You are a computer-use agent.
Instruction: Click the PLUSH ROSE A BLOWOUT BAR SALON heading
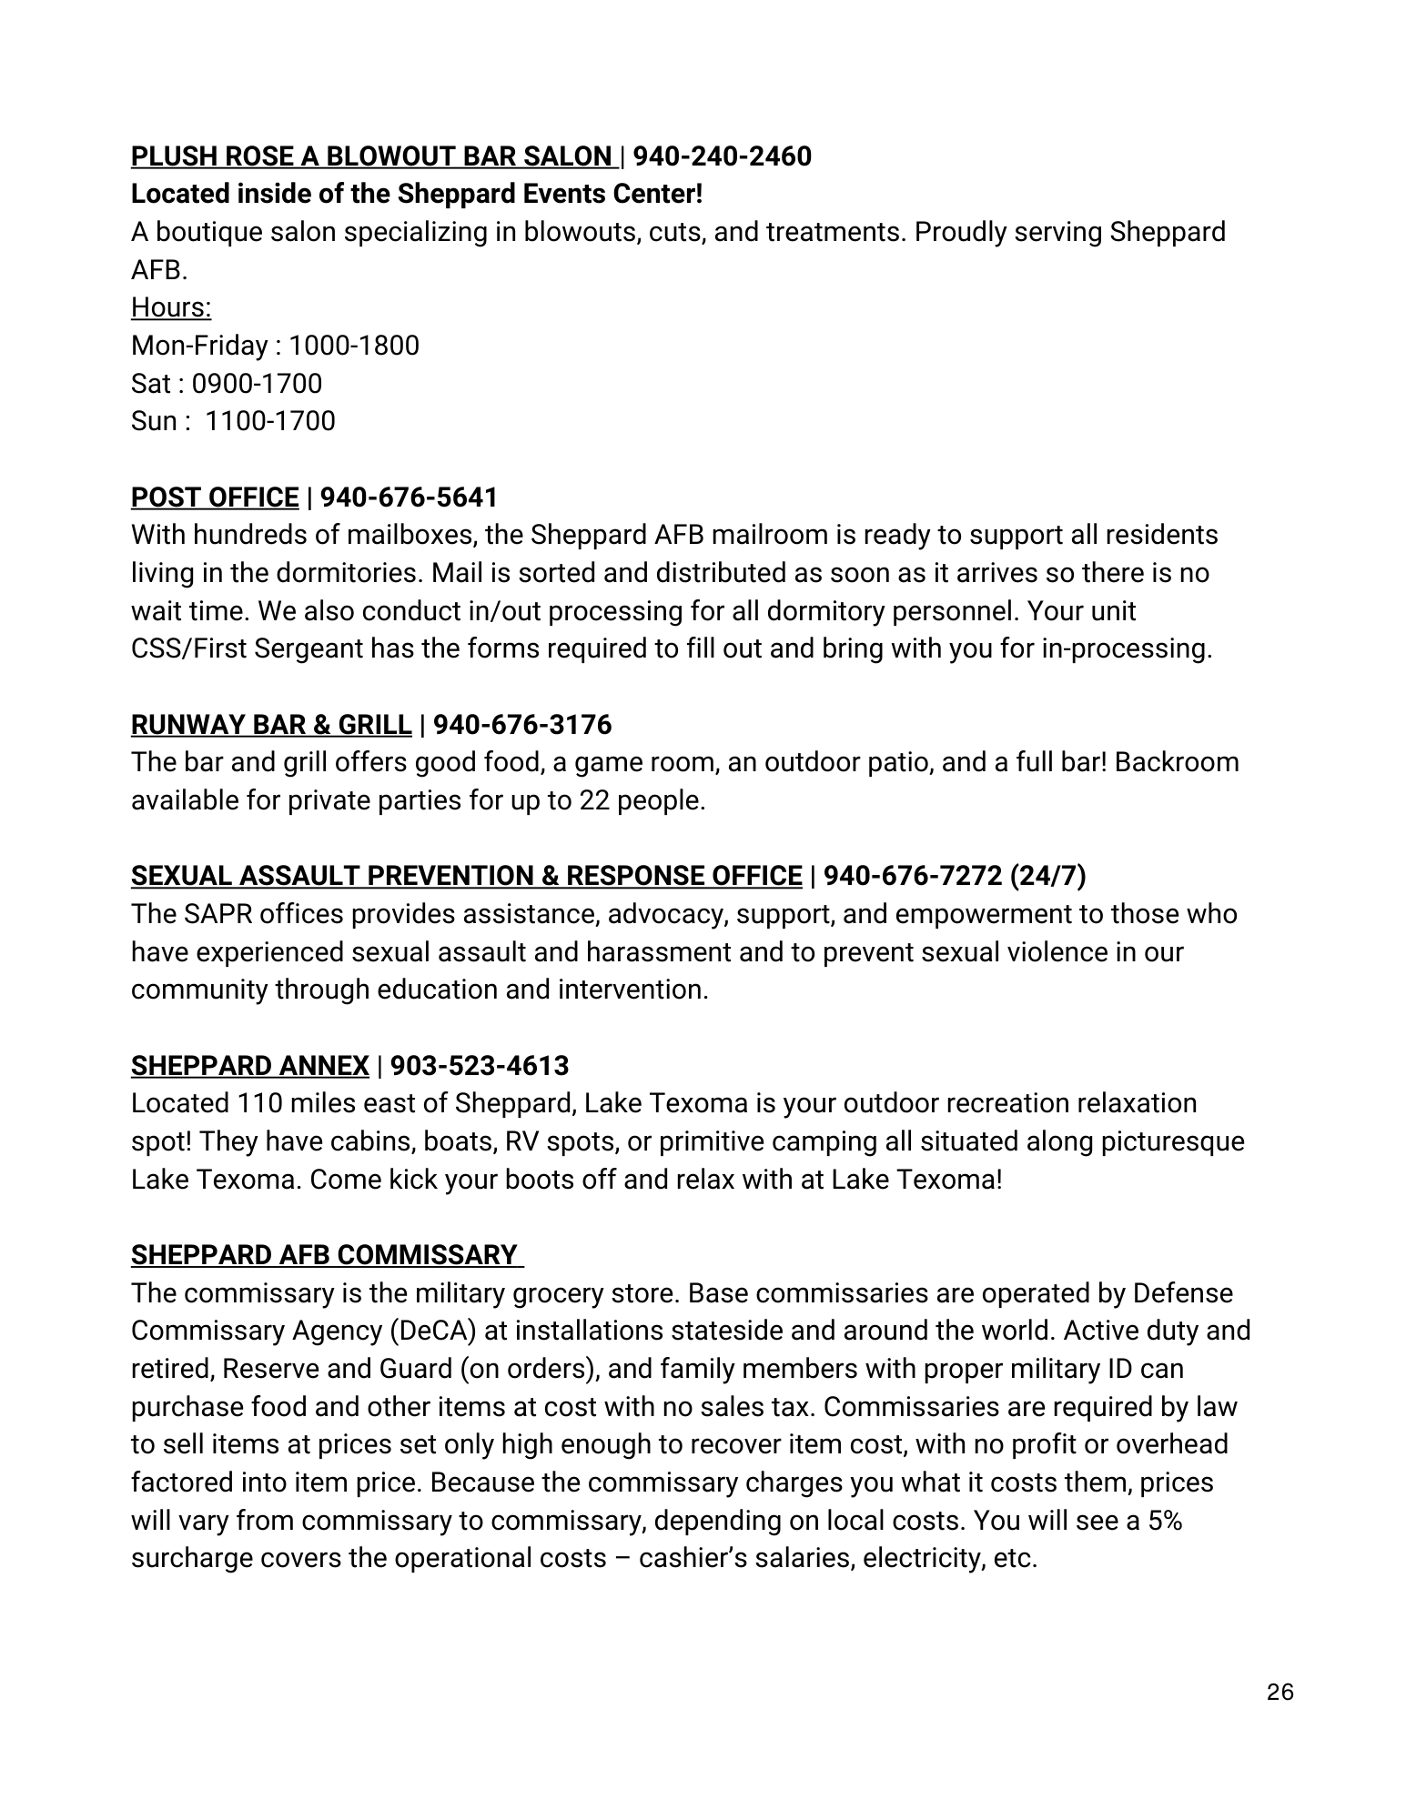(x=371, y=156)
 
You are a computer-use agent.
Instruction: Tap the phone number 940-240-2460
(x=722, y=156)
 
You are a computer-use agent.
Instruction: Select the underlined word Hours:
(x=171, y=307)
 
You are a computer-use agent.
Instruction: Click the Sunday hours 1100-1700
(x=269, y=421)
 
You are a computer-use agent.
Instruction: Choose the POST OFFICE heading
(x=215, y=497)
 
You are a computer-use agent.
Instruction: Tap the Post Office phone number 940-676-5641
(x=409, y=497)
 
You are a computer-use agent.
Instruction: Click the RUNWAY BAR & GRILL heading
(x=271, y=725)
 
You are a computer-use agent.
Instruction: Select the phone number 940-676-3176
(x=522, y=725)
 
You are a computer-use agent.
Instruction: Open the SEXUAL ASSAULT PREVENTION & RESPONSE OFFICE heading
(x=466, y=876)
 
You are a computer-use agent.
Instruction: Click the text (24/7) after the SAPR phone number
(x=1047, y=876)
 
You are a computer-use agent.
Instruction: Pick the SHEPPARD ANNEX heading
(x=250, y=1065)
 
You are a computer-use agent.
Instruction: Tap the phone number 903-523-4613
(x=480, y=1065)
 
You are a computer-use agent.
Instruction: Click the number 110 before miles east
(x=259, y=1103)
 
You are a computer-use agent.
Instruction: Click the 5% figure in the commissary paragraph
(x=1164, y=1521)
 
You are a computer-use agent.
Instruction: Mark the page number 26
(x=1280, y=1693)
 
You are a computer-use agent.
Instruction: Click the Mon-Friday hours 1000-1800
(x=353, y=346)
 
